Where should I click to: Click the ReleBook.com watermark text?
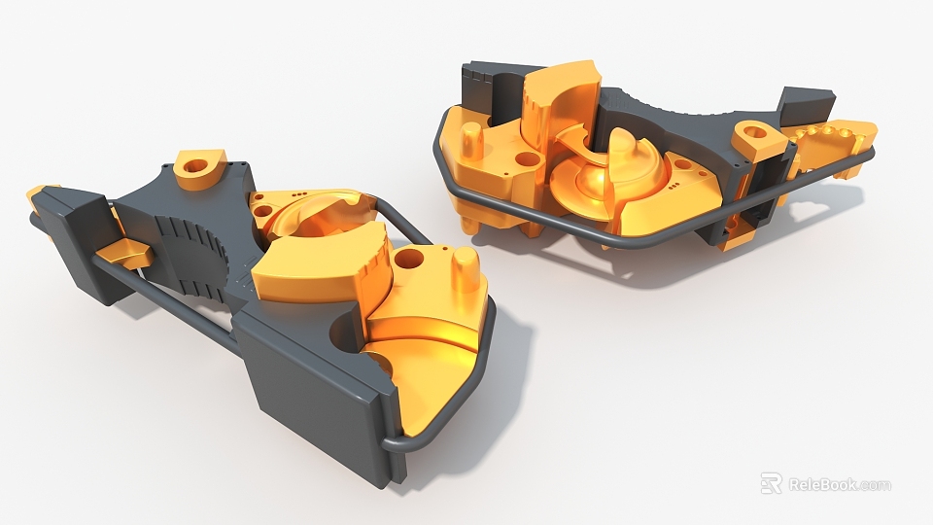coord(839,484)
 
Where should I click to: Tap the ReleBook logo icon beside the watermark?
coord(771,483)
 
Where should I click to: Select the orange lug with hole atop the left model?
coord(201,169)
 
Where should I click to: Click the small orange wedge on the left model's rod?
coord(123,255)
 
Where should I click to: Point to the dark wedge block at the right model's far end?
coord(808,103)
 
